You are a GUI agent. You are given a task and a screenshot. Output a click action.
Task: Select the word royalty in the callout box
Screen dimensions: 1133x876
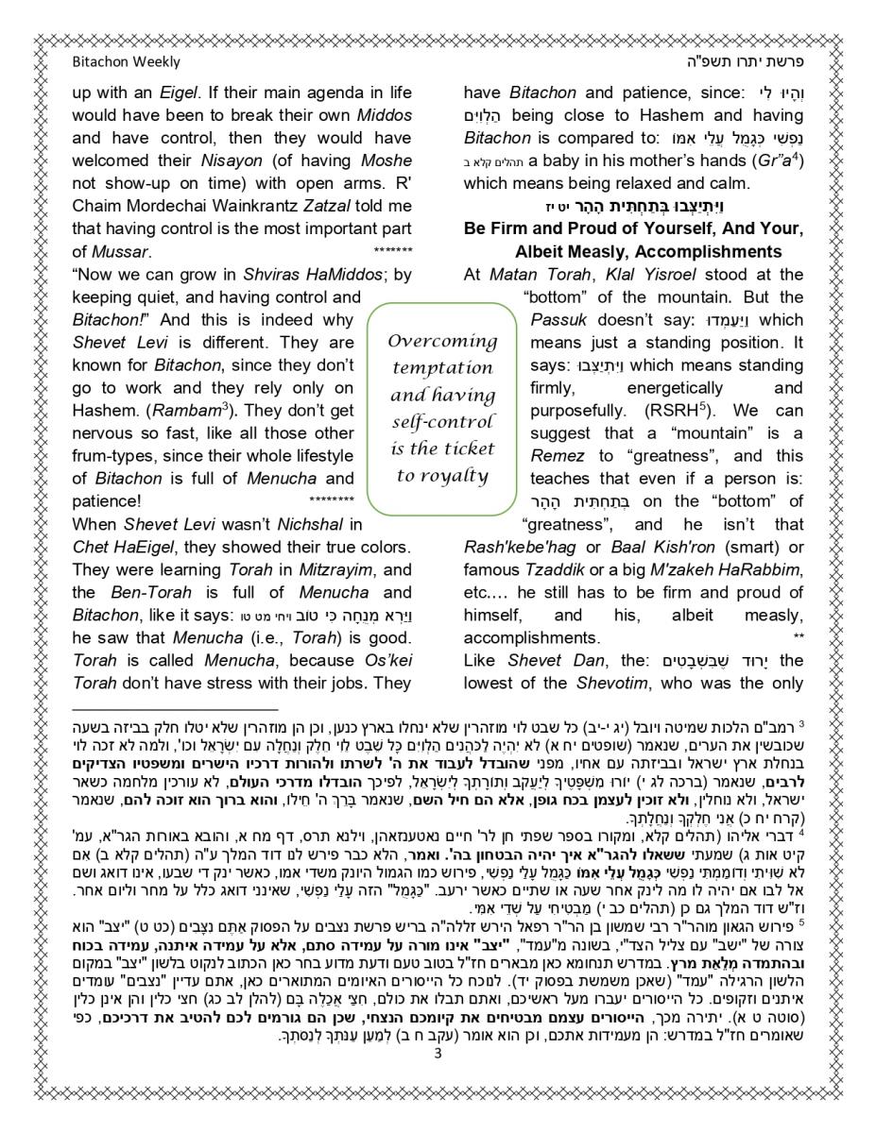click(x=455, y=475)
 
